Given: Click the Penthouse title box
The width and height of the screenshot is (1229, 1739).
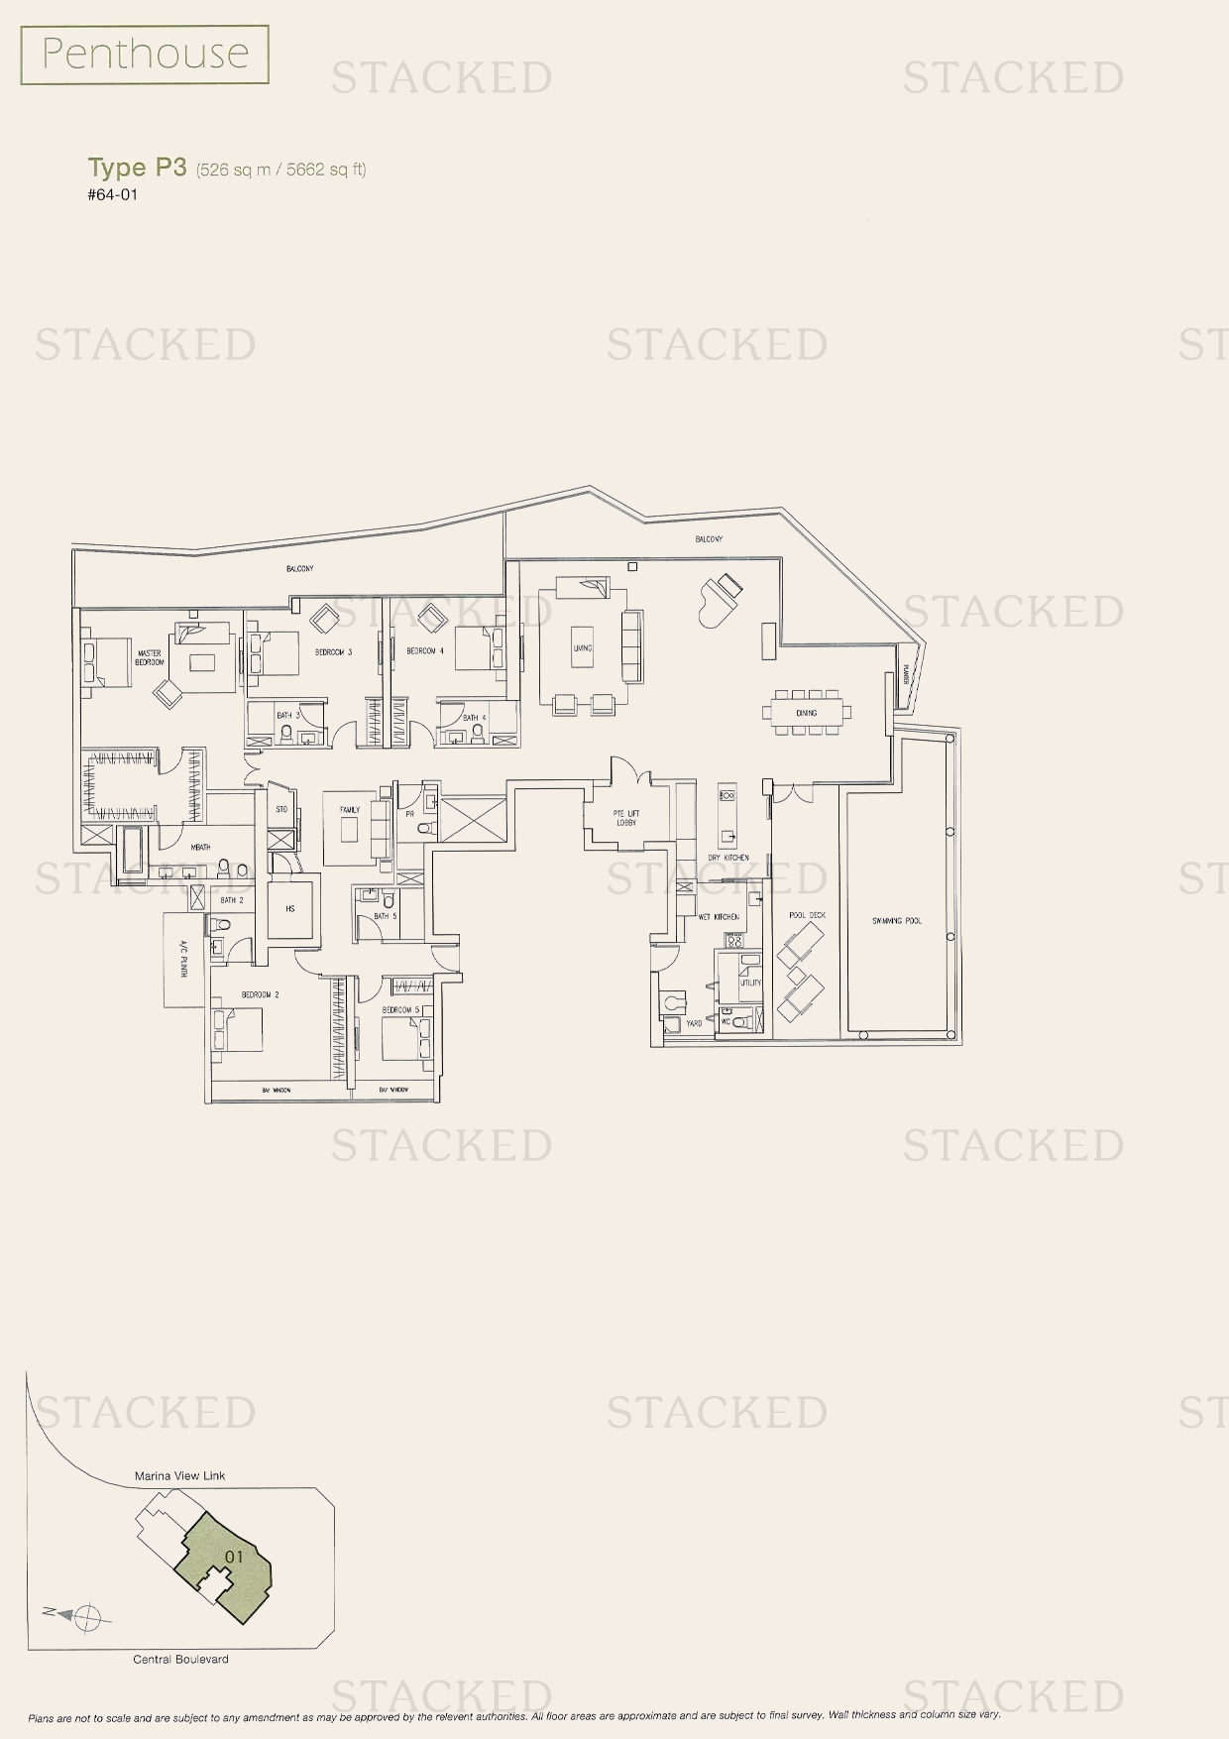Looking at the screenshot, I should pos(145,55).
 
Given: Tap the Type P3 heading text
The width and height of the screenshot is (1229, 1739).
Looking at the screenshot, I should pos(137,168).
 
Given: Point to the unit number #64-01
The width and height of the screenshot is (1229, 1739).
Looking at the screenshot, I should pos(112,194).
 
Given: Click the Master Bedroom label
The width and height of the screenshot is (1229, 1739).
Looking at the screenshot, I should pos(150,657).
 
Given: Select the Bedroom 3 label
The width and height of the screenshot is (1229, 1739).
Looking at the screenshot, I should pos(334,651).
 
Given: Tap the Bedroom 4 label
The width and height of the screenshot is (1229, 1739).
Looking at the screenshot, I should pos(425,651).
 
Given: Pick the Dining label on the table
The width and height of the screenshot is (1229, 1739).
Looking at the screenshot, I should pos(806,713).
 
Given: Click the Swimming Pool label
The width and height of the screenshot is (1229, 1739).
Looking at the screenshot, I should pos(897,921).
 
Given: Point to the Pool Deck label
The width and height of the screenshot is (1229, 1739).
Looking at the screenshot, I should pos(807,915).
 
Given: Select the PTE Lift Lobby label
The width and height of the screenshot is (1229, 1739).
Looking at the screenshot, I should pos(626,818).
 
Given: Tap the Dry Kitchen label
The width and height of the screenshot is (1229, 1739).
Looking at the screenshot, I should pos(728,858).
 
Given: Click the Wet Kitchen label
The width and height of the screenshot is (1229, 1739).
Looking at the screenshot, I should pos(719,917).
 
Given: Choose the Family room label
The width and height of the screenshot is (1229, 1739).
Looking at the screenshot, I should pos(350,810).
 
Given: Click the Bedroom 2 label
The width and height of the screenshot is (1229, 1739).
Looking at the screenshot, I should pos(260,994).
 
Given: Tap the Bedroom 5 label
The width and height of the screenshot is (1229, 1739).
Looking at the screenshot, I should pos(401,1010).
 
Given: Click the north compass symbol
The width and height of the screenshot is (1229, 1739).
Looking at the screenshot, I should pos(88,1615).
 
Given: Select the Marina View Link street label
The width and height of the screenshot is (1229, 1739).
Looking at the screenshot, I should pos(180,1475).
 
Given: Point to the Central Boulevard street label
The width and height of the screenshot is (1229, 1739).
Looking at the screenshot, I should pos(180,1659).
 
